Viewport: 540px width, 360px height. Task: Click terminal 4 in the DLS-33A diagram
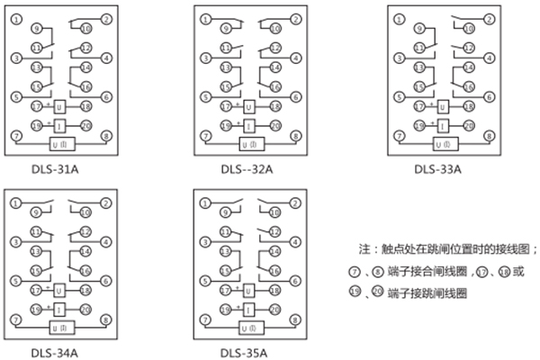point(490,58)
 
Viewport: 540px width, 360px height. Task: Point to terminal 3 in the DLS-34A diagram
point(15,243)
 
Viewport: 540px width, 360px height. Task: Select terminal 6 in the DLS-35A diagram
point(298,281)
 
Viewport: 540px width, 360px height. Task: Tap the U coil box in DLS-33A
point(443,106)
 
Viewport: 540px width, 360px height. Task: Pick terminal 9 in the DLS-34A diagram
point(36,212)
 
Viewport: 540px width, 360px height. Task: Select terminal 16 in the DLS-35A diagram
point(276,271)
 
